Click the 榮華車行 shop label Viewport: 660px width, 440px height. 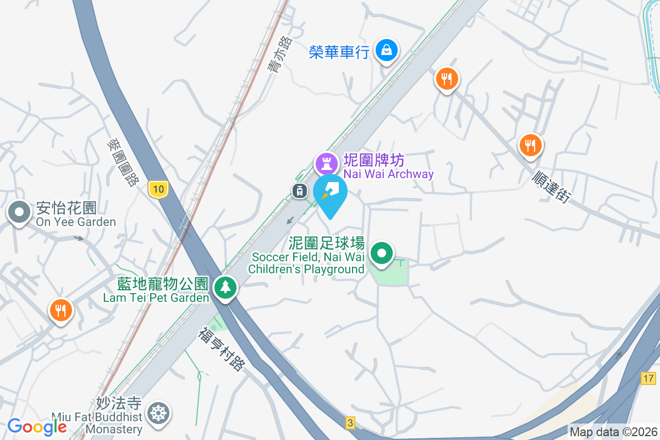[x=339, y=52]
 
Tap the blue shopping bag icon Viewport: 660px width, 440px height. [x=387, y=51]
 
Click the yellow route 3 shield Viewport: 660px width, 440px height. [x=350, y=422]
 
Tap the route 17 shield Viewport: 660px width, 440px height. [x=648, y=378]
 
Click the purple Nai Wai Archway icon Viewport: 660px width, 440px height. [x=326, y=163]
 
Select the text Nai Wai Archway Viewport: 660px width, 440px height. [x=388, y=174]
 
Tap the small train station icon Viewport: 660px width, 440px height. [x=299, y=191]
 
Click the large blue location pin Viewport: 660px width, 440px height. [x=330, y=194]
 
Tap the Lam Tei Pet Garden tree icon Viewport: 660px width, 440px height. [x=224, y=287]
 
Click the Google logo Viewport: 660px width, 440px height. [x=37, y=427]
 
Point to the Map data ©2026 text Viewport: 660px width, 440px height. [x=613, y=432]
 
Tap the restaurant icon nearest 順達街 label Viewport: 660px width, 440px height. [x=530, y=145]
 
